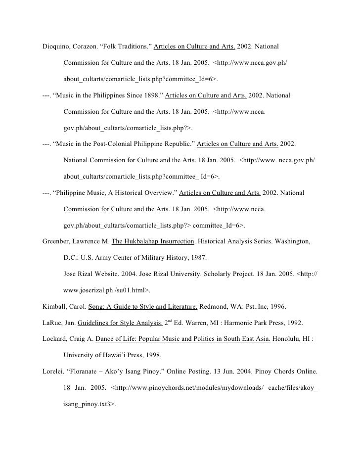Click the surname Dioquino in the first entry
coord(57,47)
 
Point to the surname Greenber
coord(58,242)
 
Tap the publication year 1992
coord(288,323)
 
